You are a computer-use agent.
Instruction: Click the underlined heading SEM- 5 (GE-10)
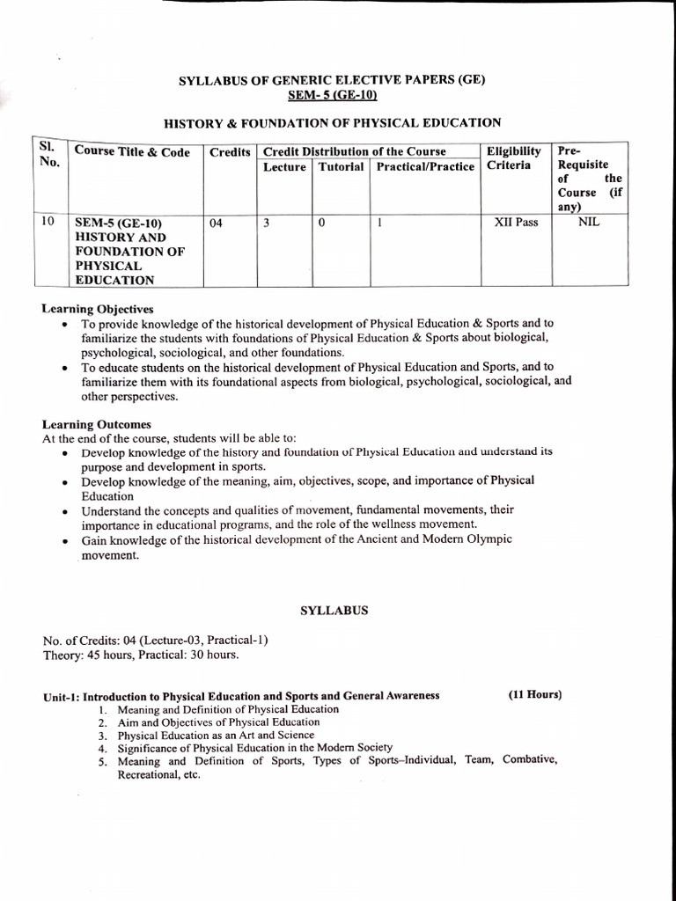(x=332, y=94)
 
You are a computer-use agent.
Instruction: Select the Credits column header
(x=230, y=152)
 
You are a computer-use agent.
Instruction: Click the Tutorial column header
(x=341, y=166)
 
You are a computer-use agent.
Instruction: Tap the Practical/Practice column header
(x=424, y=166)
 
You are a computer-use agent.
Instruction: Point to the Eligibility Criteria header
(x=513, y=158)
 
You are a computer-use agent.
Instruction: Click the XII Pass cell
(x=516, y=223)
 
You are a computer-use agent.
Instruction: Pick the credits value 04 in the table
(x=217, y=223)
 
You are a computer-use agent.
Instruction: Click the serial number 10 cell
(x=48, y=222)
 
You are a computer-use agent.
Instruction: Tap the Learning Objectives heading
(x=98, y=309)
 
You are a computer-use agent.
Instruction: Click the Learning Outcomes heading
(x=96, y=424)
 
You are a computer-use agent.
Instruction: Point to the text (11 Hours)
(x=534, y=694)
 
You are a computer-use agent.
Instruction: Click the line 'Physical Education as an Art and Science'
(x=216, y=735)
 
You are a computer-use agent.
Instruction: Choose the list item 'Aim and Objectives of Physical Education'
(x=218, y=722)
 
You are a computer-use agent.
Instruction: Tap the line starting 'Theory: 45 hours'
(x=140, y=655)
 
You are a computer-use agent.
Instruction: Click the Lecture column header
(x=284, y=166)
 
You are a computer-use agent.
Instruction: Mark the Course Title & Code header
(x=132, y=152)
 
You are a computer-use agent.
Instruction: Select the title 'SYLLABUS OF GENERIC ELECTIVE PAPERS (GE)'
(x=332, y=79)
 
